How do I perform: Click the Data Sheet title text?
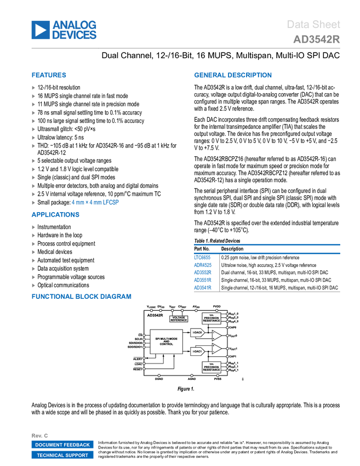click(x=313, y=25)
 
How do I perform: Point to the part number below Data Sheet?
click(x=316, y=39)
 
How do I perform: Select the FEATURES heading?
click(x=49, y=76)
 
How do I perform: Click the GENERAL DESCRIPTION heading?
click(x=232, y=76)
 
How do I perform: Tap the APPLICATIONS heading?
click(x=55, y=215)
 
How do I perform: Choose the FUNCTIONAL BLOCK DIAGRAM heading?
click(x=81, y=297)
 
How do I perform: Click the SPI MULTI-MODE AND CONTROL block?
click(x=166, y=341)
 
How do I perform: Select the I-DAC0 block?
click(x=198, y=333)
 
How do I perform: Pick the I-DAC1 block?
click(x=198, y=351)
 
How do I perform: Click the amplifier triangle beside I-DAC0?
click(x=216, y=334)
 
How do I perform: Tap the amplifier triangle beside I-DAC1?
click(x=216, y=349)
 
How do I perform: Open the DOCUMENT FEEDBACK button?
click(x=62, y=445)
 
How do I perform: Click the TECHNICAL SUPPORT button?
click(x=62, y=455)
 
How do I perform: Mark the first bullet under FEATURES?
click(x=33, y=88)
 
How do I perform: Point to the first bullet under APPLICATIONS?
click(x=33, y=227)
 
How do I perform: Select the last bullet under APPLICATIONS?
click(x=33, y=286)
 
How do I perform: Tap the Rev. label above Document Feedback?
click(x=39, y=435)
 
